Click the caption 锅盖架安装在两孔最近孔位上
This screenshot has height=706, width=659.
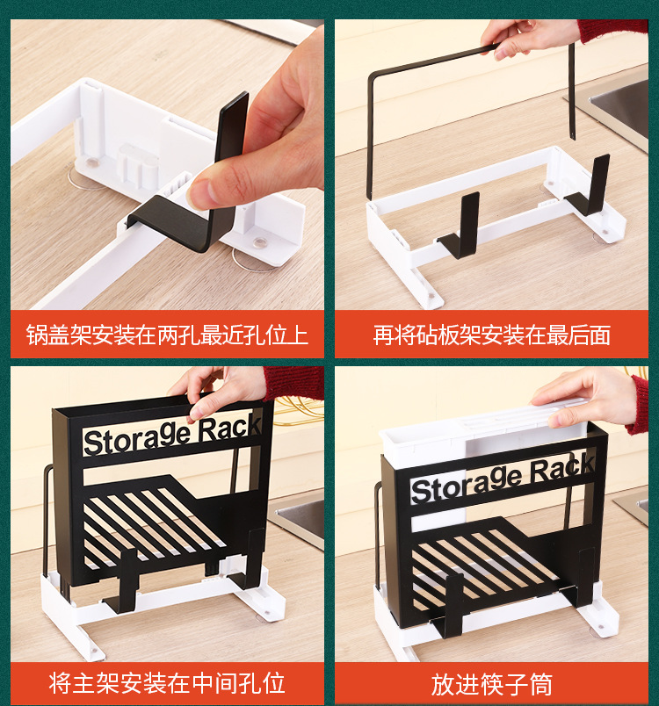point(167,335)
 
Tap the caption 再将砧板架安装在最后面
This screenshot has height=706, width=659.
point(491,335)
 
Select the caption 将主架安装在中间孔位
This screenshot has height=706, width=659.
point(167,683)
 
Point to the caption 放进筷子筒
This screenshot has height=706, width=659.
point(491,684)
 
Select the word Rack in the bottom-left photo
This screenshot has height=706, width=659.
point(229,428)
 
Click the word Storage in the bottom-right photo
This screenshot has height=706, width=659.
point(466,484)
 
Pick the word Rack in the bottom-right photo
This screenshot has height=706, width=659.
point(562,469)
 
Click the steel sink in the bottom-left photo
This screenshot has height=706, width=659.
point(297,518)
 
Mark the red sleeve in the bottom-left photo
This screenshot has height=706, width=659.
point(293,382)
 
